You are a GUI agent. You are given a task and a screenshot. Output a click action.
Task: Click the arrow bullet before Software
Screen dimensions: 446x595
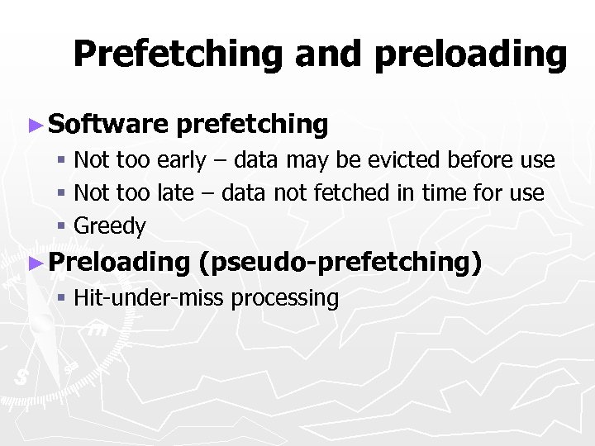click(35, 125)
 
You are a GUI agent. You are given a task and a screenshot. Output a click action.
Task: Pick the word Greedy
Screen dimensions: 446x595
click(110, 226)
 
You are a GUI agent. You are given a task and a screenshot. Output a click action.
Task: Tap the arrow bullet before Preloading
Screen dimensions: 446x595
click(35, 262)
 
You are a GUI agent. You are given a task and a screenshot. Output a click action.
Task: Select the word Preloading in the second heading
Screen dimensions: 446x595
click(119, 262)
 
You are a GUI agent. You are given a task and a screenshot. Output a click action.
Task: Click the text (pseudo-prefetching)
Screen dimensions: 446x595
click(340, 262)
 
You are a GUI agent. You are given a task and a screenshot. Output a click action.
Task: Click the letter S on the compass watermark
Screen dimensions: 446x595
click(20, 377)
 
